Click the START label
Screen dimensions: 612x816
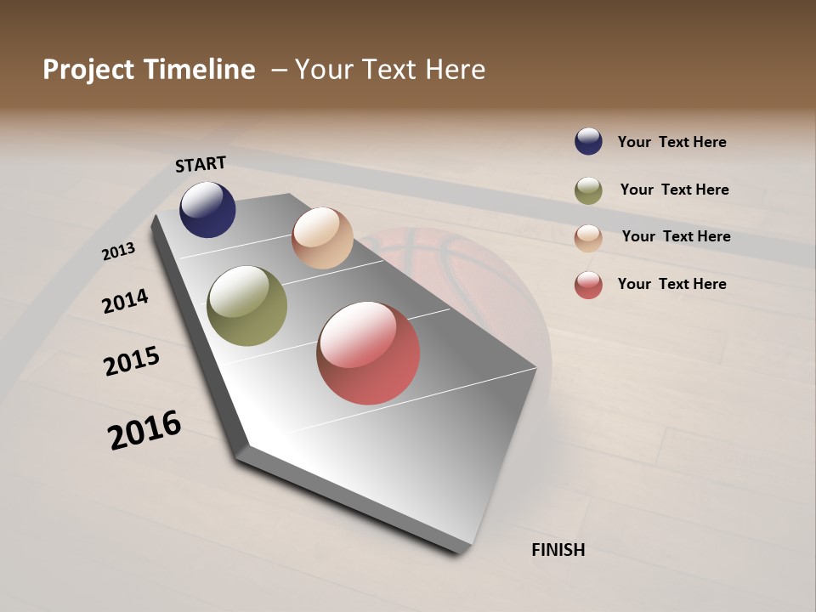201,164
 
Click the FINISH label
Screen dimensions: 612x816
558,550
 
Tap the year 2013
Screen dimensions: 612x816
119,252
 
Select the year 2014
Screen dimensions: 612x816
126,301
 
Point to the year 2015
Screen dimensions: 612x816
132,361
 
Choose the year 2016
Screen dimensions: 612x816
144,430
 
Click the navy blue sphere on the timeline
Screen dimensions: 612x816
207,209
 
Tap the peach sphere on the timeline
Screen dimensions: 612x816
322,238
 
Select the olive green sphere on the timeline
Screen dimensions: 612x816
247,306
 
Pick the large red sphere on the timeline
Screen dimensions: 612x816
368,353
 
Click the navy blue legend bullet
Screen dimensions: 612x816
588,141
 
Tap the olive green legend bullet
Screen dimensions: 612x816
588,190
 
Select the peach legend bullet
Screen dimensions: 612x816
588,237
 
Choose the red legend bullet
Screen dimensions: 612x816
588,285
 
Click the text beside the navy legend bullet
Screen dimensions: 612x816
671,142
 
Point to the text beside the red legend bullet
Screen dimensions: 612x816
671,284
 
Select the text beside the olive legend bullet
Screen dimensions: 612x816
674,190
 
